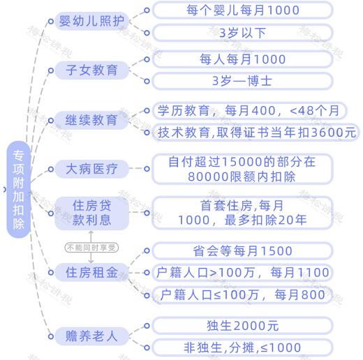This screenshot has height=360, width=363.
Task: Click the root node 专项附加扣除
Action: [18, 189]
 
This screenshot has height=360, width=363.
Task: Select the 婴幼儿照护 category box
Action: [91, 21]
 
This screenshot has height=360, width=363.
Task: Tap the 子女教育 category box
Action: [91, 70]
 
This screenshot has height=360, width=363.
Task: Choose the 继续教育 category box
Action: [91, 120]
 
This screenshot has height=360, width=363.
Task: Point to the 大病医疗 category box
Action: [91, 169]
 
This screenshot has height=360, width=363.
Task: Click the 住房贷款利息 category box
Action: [91, 213]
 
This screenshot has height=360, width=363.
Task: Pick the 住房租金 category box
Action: [91, 272]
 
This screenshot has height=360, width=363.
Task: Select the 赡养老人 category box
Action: [91, 336]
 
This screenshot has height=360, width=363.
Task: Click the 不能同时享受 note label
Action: [91, 248]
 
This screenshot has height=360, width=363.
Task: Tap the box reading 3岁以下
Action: [242, 33]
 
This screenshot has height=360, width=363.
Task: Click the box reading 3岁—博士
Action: [242, 81]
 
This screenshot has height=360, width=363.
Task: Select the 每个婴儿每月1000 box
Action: [242, 10]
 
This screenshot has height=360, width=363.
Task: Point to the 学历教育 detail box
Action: [249, 110]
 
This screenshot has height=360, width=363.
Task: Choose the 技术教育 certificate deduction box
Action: [255, 133]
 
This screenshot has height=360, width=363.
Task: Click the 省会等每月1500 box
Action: [242, 251]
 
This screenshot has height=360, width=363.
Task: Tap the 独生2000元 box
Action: [242, 326]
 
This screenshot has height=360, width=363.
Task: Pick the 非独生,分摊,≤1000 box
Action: [242, 347]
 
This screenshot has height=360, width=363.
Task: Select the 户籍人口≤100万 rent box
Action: [242, 295]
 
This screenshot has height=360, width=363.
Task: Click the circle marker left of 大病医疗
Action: [51, 169]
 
